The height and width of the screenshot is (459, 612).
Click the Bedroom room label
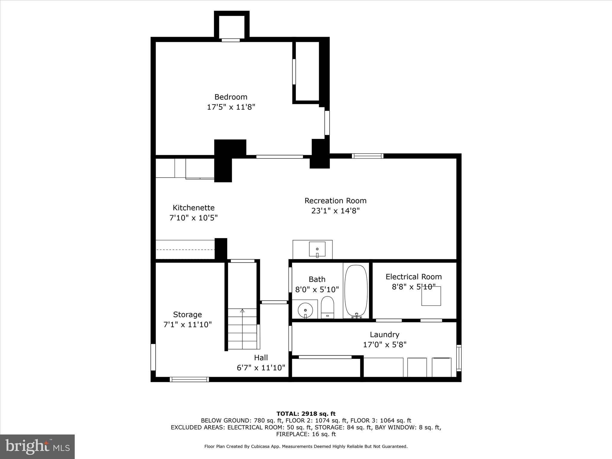pos(231,97)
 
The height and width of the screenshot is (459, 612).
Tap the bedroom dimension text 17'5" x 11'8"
pos(231,107)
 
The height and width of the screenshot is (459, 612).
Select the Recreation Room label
pos(335,201)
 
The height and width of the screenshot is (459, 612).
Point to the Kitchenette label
pos(194,208)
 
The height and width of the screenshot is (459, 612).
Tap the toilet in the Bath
pos(327,307)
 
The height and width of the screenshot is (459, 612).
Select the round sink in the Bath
pos(305,310)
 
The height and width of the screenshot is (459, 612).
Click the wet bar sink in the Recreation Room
pos(317,249)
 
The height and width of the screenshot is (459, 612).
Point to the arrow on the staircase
pos(242,311)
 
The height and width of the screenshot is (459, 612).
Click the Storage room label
pos(187,314)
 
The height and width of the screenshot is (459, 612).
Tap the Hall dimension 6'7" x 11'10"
pos(261,368)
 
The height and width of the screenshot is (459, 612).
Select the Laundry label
pos(384,334)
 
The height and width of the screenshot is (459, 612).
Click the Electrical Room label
pos(414,277)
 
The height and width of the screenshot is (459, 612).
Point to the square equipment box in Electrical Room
pos(431,296)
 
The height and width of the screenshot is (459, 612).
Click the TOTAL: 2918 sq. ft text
pos(306,414)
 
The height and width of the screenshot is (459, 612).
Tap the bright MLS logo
pos(37,447)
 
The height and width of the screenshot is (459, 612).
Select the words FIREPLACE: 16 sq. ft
pos(306,434)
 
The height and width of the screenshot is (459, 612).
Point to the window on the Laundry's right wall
pos(459,358)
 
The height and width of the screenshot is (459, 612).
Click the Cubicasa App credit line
pos(306,446)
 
